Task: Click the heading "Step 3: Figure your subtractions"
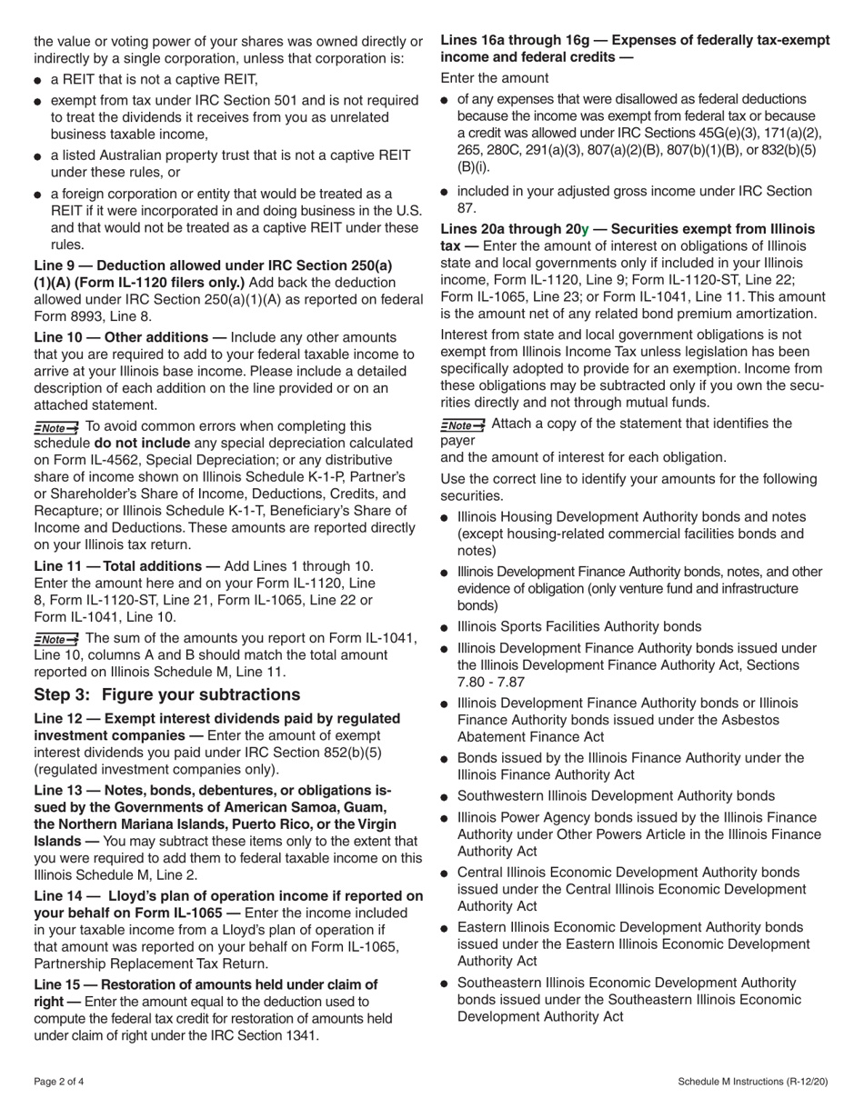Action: click(x=166, y=694)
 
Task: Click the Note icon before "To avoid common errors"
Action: click(x=56, y=427)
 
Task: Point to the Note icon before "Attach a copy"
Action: click(x=463, y=424)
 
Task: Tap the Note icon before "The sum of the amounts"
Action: click(x=56, y=639)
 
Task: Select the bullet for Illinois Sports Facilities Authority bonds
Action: click(x=445, y=628)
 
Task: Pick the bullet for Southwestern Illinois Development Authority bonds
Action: click(x=445, y=797)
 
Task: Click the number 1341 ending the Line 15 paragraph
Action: click(x=303, y=1035)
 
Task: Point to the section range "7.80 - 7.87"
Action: click(x=491, y=682)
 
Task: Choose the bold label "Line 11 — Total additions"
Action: click(x=126, y=565)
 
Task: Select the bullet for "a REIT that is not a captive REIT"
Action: click(x=38, y=81)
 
